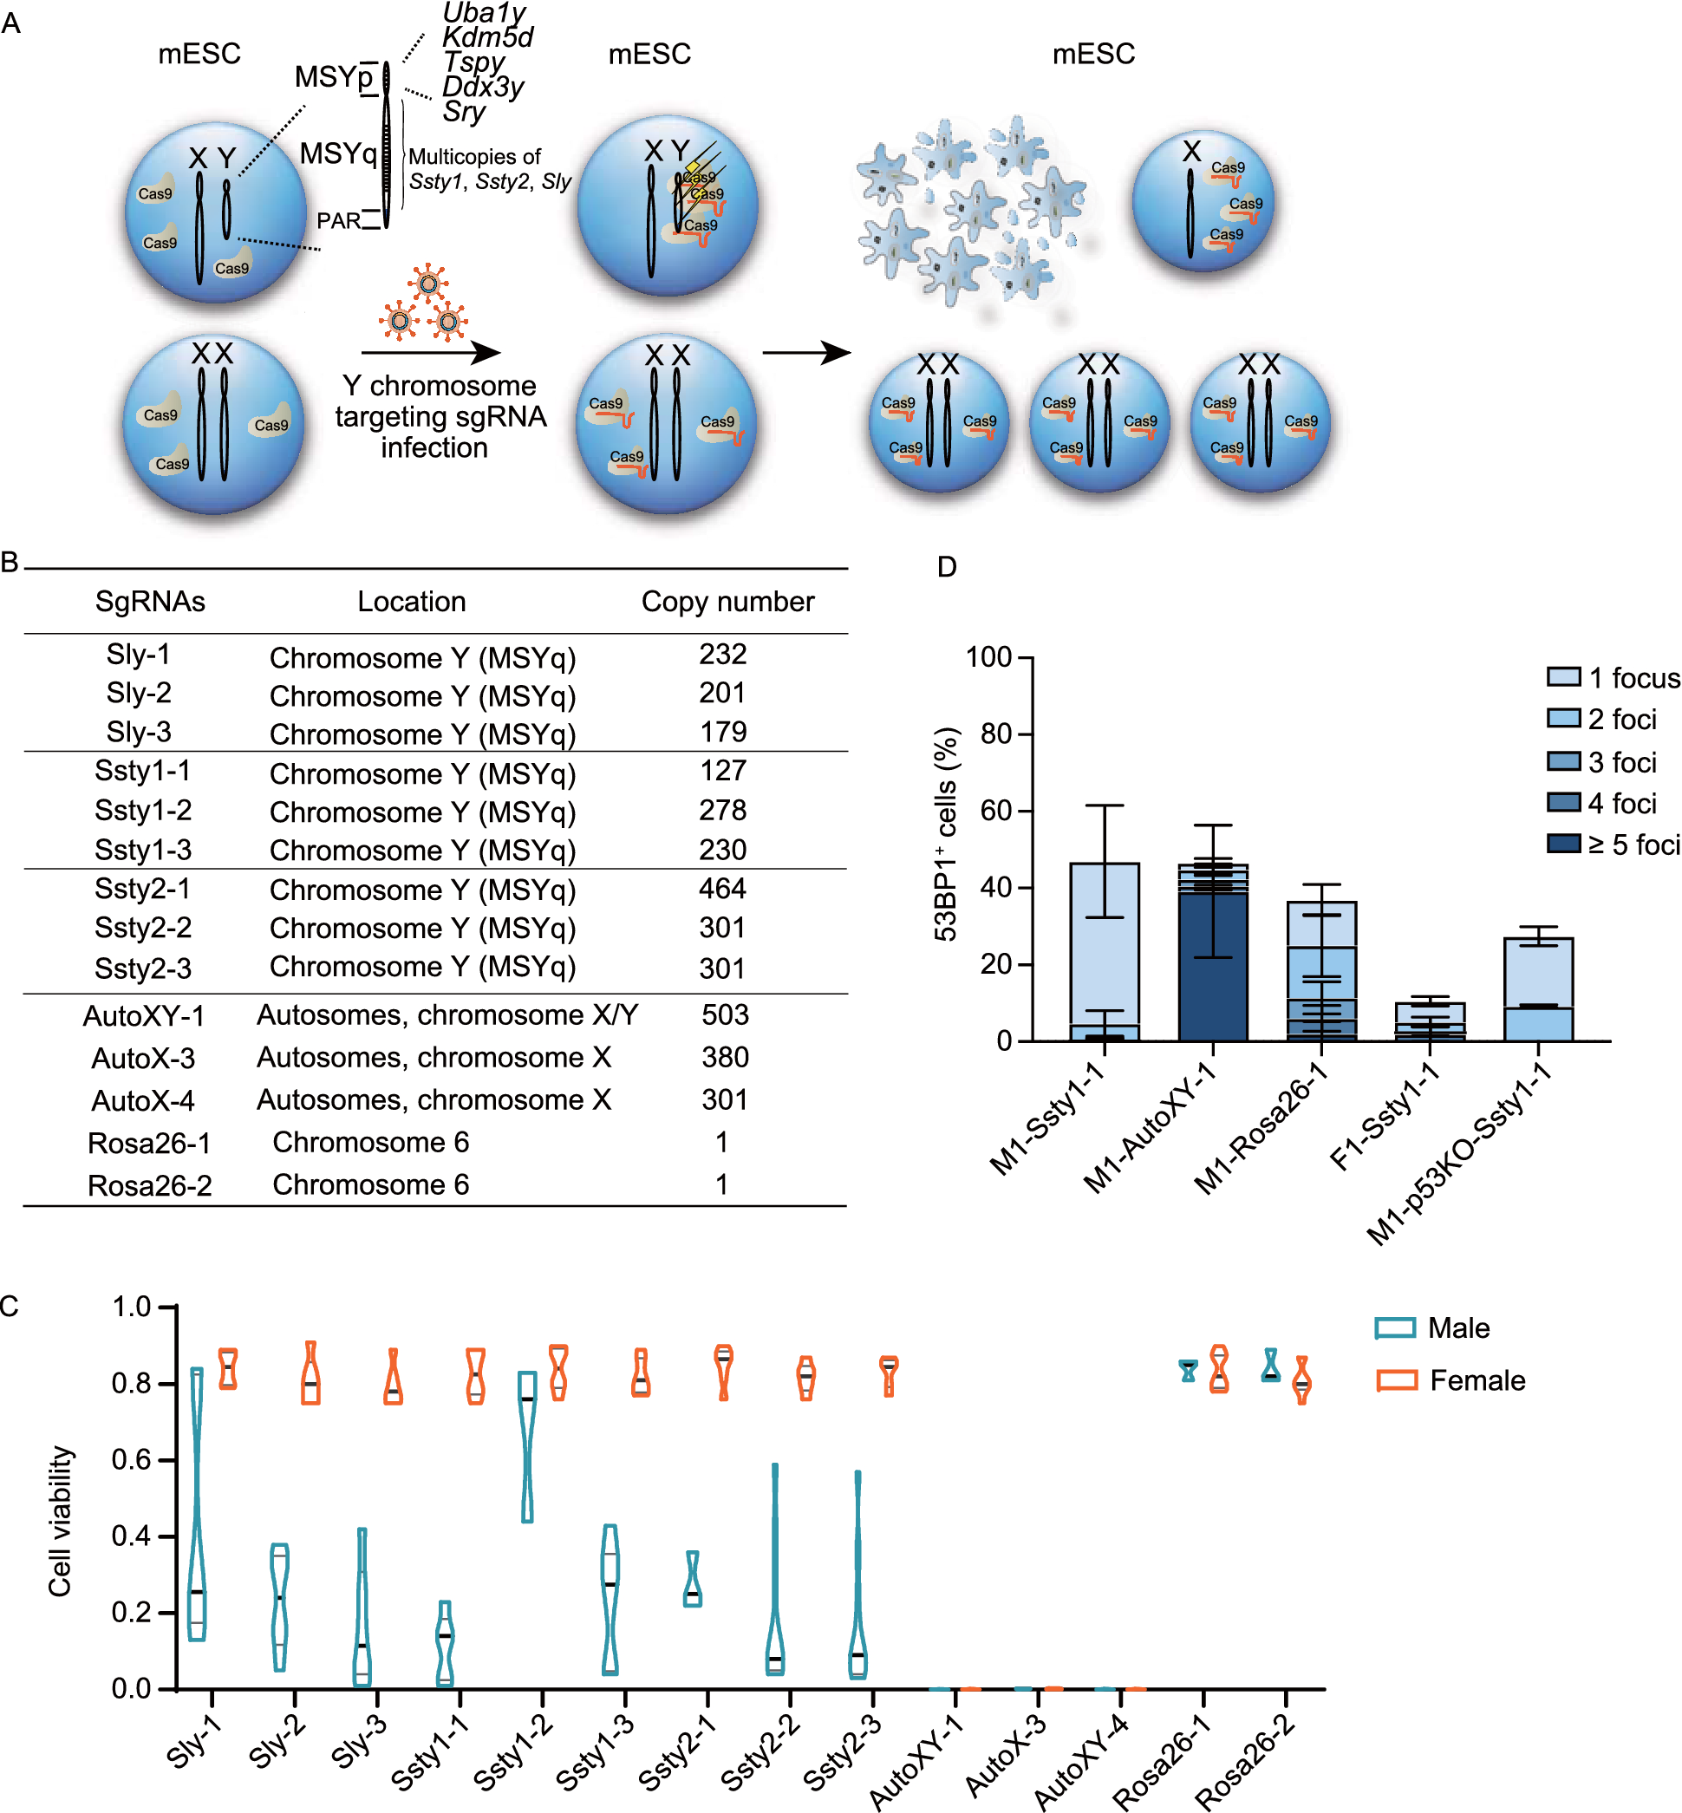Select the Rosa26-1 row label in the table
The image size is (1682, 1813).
[149, 1142]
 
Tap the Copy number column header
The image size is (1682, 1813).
[727, 602]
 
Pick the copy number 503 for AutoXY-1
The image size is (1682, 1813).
[725, 1014]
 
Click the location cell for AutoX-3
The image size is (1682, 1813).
[434, 1058]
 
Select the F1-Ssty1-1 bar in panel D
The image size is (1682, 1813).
[1429, 1022]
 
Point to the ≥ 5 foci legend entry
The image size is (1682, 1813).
[1612, 845]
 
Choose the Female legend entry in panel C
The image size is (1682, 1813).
[1451, 1379]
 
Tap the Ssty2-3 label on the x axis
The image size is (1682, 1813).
[843, 1751]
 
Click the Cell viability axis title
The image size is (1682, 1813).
[60, 1521]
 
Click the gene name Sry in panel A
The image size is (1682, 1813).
[464, 111]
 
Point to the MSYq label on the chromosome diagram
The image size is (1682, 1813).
[337, 153]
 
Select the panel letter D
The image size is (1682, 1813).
[947, 567]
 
